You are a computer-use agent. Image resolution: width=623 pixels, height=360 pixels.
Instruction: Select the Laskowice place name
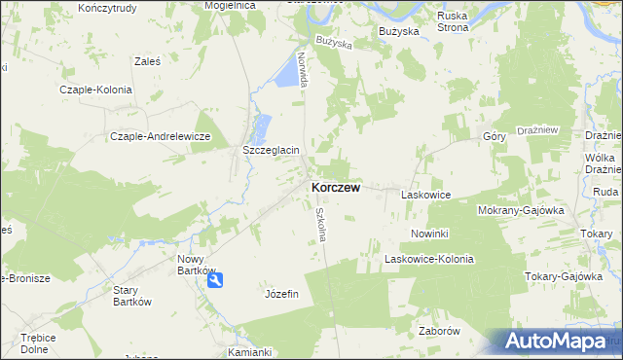425,195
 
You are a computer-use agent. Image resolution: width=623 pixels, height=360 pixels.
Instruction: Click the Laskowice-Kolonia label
428,259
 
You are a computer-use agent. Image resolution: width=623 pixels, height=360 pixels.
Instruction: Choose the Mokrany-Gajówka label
521,209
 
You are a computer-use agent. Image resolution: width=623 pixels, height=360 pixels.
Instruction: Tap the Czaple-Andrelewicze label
161,136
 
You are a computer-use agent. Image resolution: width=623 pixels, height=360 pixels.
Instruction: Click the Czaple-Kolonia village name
95,89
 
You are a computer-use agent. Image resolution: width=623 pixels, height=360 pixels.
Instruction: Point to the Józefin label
281,293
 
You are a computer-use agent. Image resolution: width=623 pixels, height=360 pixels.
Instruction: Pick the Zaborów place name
437,330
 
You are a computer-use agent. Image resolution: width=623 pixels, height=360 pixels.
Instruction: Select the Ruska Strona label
454,22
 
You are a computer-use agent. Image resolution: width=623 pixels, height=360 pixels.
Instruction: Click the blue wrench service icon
216,279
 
